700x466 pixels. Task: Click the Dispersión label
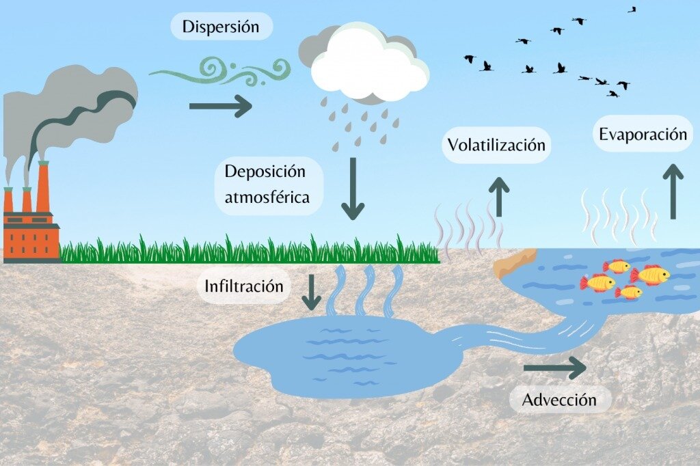click(x=220, y=27)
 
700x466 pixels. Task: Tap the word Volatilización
click(x=496, y=145)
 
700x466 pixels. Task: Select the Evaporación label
click(x=643, y=134)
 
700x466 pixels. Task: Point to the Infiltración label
click(x=243, y=286)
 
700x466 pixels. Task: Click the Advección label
click(x=559, y=400)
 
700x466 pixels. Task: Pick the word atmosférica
click(x=267, y=197)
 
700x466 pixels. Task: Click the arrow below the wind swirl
click(x=220, y=106)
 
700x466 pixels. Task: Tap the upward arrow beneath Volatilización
click(x=500, y=197)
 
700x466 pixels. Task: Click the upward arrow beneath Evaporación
click(x=674, y=191)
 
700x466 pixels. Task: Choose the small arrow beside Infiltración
click(x=312, y=292)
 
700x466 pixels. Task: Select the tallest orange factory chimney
click(x=43, y=188)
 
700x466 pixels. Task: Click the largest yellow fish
click(x=651, y=275)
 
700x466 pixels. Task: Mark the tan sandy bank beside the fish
click(x=514, y=262)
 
